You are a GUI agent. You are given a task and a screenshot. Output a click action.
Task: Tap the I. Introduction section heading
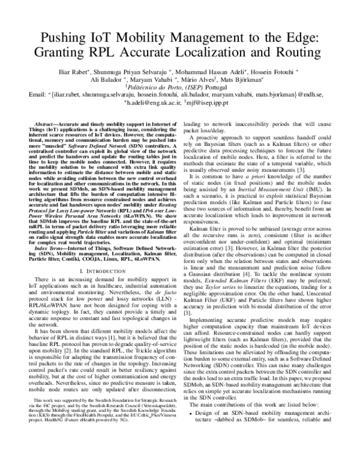coord(97,272)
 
